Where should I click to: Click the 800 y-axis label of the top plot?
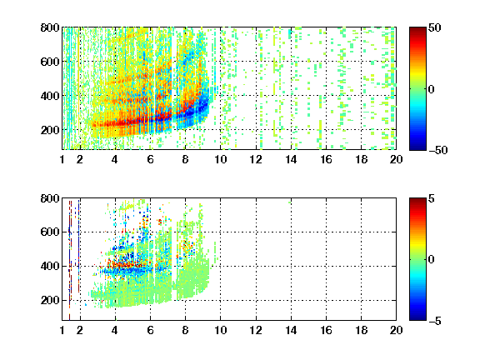click(50, 27)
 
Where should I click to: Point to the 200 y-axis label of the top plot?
click(50, 130)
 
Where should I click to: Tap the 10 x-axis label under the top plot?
click(220, 159)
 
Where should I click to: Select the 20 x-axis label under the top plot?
click(396, 159)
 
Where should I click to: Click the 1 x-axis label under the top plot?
click(62, 159)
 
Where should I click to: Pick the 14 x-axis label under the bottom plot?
click(291, 330)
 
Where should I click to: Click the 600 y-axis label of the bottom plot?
click(50, 232)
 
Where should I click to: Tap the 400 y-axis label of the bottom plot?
click(50, 266)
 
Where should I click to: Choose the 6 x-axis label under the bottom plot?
click(150, 330)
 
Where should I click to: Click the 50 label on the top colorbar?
click(435, 27)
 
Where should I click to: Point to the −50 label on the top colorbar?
click(437, 150)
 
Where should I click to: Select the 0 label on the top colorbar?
click(432, 89)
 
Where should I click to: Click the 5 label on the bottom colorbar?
click(432, 198)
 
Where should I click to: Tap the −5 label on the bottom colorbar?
click(435, 321)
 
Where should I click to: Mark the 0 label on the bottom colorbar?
click(432, 260)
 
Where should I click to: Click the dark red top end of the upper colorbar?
click(417, 29)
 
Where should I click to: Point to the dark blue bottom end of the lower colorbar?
click(417, 318)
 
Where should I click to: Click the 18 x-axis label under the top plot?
click(361, 159)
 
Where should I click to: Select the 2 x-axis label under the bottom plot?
click(80, 330)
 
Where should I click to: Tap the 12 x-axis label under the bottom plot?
click(256, 330)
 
